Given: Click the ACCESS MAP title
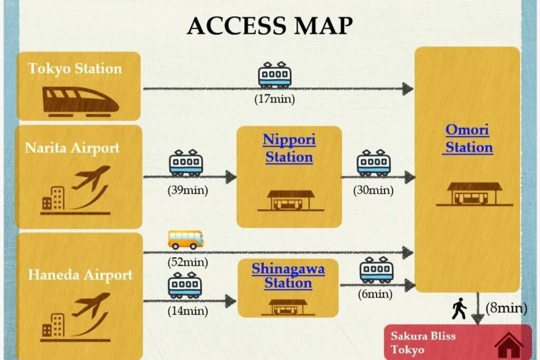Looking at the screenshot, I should [269, 25].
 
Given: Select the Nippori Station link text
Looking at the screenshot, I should [289, 148].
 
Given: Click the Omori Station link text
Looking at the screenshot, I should [468, 138].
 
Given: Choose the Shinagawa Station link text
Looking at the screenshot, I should [288, 276].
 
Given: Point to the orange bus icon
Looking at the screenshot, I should [186, 239].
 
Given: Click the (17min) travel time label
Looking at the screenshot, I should [274, 99].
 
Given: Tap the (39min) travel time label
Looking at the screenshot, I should [188, 190].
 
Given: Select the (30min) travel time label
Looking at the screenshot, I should [373, 190].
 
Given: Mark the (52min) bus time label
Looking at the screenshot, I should [188, 261].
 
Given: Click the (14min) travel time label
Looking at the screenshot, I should [187, 311].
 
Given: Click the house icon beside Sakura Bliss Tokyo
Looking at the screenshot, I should [508, 345].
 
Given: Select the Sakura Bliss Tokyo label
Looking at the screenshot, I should [423, 343].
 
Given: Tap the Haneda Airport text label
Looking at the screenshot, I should [80, 275].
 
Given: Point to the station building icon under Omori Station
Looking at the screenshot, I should [474, 193].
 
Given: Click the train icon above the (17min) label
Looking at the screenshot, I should [274, 75].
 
